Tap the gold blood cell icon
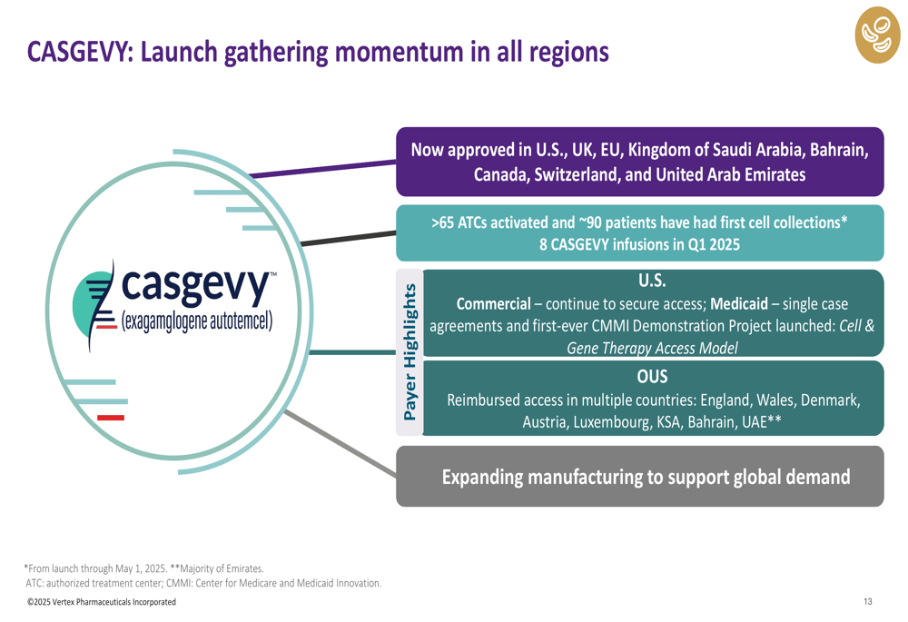tap(877, 35)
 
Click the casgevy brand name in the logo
tap(196, 286)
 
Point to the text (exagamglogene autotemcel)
tap(197, 321)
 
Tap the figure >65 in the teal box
tap(443, 223)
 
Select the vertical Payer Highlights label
tap(410, 352)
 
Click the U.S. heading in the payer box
tap(652, 281)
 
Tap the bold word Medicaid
tap(739, 304)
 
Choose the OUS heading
tap(652, 377)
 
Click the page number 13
tap(867, 602)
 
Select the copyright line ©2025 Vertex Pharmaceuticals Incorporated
tap(102, 602)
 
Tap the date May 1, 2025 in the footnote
tap(142, 568)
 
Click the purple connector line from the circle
tap(322, 169)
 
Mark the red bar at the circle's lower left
tap(111, 418)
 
